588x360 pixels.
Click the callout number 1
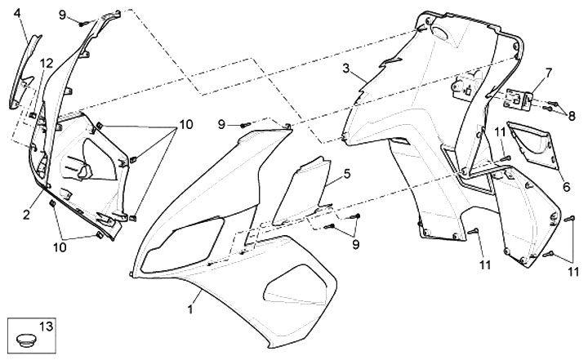pyautogui.click(x=190, y=309)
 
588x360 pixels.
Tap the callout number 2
pyautogui.click(x=26, y=215)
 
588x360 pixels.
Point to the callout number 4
pyautogui.click(x=16, y=12)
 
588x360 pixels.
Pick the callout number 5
pyautogui.click(x=346, y=174)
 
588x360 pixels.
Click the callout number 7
pyautogui.click(x=548, y=73)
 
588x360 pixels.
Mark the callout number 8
pyautogui.click(x=572, y=116)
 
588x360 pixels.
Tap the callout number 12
pyautogui.click(x=46, y=63)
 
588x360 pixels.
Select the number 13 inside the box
pyautogui.click(x=46, y=327)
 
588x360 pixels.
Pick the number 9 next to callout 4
pyautogui.click(x=62, y=15)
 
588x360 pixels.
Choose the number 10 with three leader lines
pyautogui.click(x=185, y=125)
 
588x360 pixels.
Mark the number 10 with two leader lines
pyautogui.click(x=60, y=246)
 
